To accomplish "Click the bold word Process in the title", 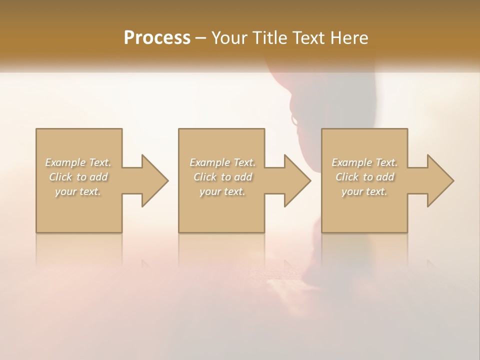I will coord(157,38).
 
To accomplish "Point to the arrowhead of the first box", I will coord(154,180).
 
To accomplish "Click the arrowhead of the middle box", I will coord(297,180).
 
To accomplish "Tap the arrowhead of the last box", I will coord(440,180).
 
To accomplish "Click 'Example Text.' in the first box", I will coord(78,162).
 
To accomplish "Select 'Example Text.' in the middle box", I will coord(222,162).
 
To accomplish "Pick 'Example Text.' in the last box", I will coord(364,162).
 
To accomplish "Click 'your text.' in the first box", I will coord(78,191).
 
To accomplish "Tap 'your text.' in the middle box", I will coord(222,191).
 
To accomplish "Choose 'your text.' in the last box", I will coord(364,191).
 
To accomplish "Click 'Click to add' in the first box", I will coord(78,177).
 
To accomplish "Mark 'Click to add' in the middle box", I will coord(222,177).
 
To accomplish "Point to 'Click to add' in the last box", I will coord(364,177).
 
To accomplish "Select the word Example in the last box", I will coord(351,162).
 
